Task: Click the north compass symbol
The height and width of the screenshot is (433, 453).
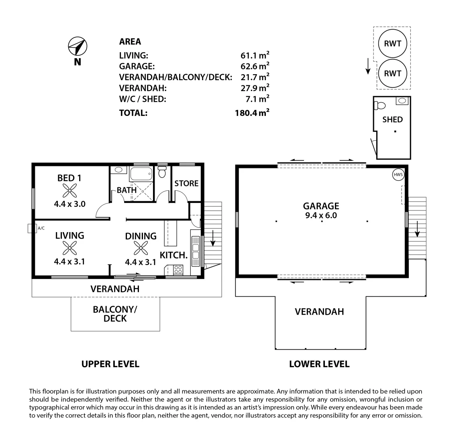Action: pyautogui.click(x=78, y=46)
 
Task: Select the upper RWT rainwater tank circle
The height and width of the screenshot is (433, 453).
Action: pyautogui.click(x=392, y=44)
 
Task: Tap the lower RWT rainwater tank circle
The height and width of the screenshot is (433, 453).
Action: pyautogui.click(x=392, y=73)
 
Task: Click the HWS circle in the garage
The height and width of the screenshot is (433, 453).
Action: pyautogui.click(x=398, y=174)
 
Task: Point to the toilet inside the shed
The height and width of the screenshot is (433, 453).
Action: pyautogui.click(x=379, y=106)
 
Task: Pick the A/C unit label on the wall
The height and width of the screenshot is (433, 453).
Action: pyautogui.click(x=41, y=228)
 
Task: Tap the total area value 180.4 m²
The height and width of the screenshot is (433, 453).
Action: pyautogui.click(x=252, y=113)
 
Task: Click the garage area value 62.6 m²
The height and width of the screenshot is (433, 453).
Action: pyautogui.click(x=255, y=66)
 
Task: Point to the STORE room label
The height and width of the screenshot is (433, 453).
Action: pyautogui.click(x=186, y=183)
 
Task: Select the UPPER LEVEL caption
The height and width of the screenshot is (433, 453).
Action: pyautogui.click(x=110, y=364)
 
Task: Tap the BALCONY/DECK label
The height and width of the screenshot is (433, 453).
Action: pyautogui.click(x=115, y=314)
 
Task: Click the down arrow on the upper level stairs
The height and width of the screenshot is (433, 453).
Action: pyautogui.click(x=213, y=241)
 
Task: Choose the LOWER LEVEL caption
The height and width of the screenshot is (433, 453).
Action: pyautogui.click(x=319, y=364)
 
